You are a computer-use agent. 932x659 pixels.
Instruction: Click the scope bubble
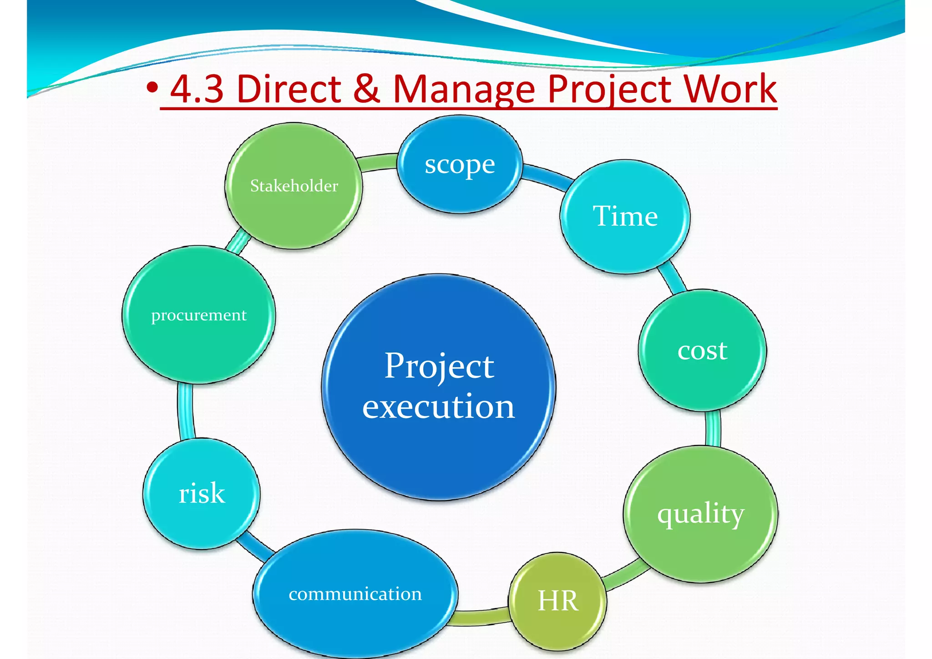coord(460,165)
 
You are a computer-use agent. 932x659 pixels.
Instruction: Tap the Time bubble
coord(625,217)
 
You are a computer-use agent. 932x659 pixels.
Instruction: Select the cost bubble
coord(702,350)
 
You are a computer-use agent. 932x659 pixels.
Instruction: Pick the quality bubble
coord(700,514)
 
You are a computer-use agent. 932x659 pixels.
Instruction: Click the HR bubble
coord(557,601)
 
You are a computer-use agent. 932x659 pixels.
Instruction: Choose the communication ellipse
coord(355,594)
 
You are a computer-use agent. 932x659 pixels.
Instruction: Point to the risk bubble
coord(202,494)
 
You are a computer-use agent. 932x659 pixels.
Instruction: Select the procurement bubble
coord(198,315)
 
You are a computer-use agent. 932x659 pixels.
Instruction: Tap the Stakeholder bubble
coord(294,186)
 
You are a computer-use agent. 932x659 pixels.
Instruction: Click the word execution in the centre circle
coord(438,406)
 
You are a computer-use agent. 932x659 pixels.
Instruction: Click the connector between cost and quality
coord(713,428)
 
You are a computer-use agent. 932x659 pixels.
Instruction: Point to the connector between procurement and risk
coord(186,412)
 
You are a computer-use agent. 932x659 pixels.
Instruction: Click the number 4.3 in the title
coord(197,89)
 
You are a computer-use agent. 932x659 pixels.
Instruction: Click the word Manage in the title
coord(464,90)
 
